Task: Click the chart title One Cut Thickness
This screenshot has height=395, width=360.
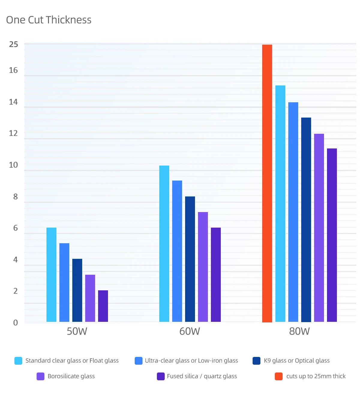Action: coord(49,20)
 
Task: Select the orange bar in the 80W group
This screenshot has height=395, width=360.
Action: coord(267,183)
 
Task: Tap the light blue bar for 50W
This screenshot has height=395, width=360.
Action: coord(51,274)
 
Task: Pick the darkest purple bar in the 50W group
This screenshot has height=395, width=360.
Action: coord(103,306)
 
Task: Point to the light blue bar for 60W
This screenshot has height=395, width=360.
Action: coord(164,244)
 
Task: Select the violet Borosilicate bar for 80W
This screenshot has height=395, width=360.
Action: coord(319,228)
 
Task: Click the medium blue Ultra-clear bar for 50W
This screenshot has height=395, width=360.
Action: coord(64,282)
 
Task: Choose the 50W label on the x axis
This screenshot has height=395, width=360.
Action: coord(77,331)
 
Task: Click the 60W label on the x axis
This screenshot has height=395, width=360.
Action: coord(190,331)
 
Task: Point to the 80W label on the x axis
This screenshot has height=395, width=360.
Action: coord(299,331)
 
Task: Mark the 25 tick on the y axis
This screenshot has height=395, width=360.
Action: coord(13,44)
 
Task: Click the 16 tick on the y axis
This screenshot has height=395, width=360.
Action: coord(13,70)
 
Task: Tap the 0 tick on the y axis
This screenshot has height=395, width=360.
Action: coord(16,322)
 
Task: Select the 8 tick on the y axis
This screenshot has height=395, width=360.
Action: coord(16,196)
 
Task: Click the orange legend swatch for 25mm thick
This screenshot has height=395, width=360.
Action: coord(279,376)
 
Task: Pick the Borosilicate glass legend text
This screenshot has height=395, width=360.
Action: coord(71,376)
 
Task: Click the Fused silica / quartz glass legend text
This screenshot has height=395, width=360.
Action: coord(202,376)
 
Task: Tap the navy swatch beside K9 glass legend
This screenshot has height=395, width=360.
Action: coord(256,361)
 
